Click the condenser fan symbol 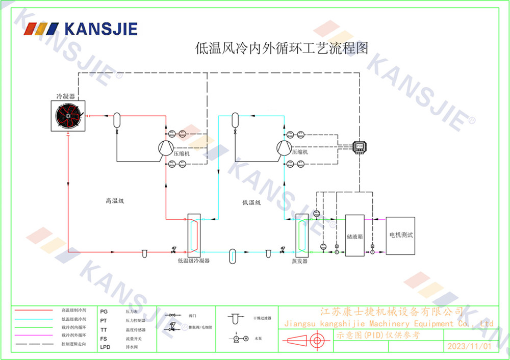coord(68,116)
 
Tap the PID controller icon coord(360,146)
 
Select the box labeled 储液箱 coord(354,236)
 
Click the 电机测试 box coord(400,236)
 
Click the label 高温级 coord(114,201)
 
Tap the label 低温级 coord(251,202)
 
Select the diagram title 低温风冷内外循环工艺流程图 coord(282,48)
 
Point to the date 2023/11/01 coord(469,346)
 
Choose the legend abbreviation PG coord(104,311)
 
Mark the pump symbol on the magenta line coord(372,252)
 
